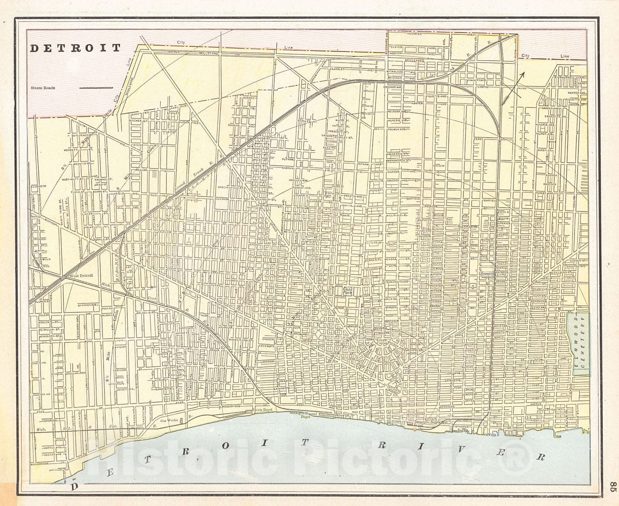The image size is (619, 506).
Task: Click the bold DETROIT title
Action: pyautogui.click(x=75, y=48)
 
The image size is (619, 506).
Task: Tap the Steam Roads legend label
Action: pyautogui.click(x=43, y=88)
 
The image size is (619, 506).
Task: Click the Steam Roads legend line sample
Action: pyautogui.click(x=96, y=88)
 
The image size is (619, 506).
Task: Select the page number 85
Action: pyautogui.click(x=611, y=486)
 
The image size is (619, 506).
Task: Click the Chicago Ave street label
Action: pyautogui.click(x=396, y=87)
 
